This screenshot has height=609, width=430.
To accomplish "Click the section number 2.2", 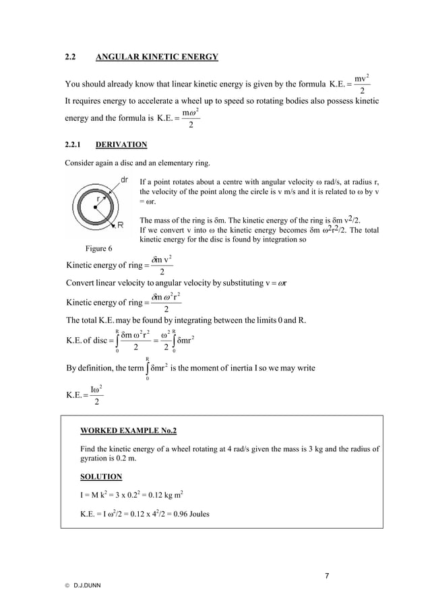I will (x=70, y=57).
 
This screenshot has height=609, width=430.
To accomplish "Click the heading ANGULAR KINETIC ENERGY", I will (x=157, y=57).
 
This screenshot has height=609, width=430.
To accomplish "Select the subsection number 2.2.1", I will (x=73, y=144).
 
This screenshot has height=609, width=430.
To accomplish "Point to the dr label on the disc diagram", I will (x=125, y=180).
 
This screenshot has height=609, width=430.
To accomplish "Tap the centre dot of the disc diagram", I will (x=95, y=207).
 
